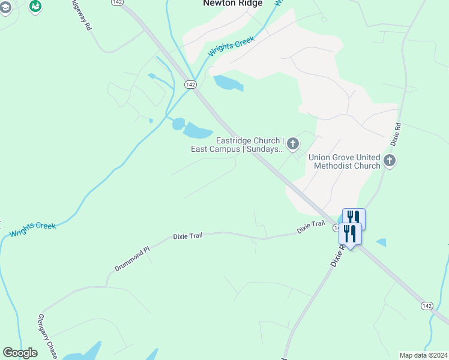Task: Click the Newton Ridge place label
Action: pos(233,4)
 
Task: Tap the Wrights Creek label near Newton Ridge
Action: pos(231,47)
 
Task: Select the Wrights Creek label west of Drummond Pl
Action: pos(34,226)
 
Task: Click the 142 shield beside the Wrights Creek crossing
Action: pos(191,85)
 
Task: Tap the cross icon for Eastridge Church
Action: pos(293,143)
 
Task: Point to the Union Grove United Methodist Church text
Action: pos(345,161)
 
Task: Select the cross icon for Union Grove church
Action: pos(390,161)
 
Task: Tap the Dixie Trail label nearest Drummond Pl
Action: pos(188,236)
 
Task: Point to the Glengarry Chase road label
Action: pos(48,337)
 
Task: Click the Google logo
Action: pos(20,353)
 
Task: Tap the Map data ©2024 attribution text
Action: pos(423,355)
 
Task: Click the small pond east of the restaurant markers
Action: pos(381,242)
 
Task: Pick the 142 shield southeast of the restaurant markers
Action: pos(427,306)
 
